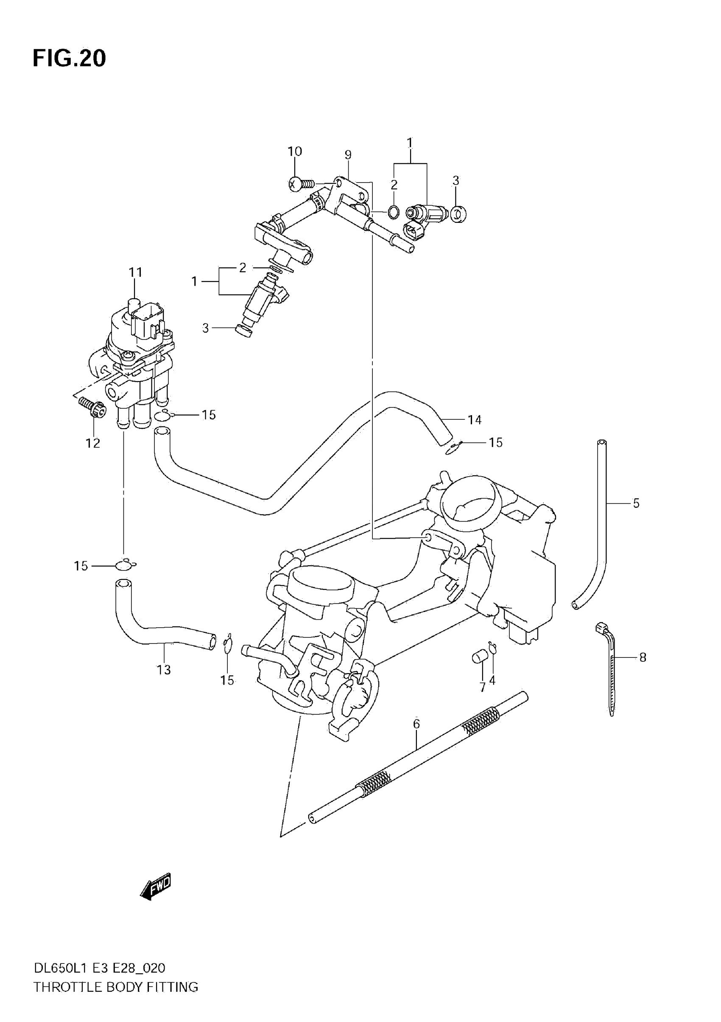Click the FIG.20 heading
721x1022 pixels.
[70, 58]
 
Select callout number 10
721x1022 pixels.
[294, 152]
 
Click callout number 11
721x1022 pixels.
[135, 272]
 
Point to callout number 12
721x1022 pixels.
[93, 443]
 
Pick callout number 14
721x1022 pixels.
[475, 419]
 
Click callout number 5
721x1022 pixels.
[636, 503]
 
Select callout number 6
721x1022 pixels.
[416, 724]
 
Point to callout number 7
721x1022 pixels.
[483, 687]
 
